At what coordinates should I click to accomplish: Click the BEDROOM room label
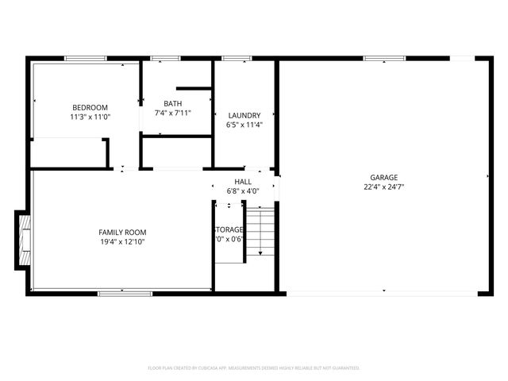(90, 107)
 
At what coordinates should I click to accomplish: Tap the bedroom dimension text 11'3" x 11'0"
(90, 117)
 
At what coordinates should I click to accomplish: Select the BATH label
(172, 103)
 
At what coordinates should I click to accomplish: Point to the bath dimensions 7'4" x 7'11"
(172, 113)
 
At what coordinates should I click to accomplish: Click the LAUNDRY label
(244, 115)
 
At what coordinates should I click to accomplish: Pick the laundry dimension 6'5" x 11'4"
(244, 125)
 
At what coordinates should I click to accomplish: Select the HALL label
(243, 182)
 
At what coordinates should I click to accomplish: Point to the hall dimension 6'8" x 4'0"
(243, 191)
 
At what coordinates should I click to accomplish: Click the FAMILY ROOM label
(122, 232)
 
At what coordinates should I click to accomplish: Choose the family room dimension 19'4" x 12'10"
(122, 241)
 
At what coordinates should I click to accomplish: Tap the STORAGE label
(229, 229)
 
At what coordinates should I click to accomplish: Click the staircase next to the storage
(260, 232)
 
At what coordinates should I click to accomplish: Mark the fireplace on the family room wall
(23, 241)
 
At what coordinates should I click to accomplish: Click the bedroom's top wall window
(86, 58)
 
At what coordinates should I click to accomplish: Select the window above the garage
(384, 58)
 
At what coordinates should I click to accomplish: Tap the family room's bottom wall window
(125, 294)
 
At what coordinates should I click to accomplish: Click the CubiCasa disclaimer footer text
(254, 368)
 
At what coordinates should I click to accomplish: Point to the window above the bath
(165, 58)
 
